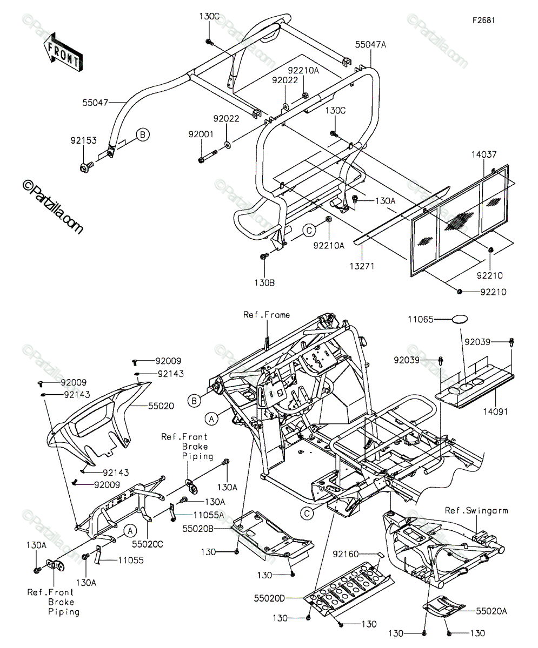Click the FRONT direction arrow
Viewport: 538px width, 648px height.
point(63,52)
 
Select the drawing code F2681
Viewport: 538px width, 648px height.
point(483,21)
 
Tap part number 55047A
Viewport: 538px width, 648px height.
point(370,45)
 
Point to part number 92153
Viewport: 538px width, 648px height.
point(84,140)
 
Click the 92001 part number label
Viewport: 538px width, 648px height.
point(201,134)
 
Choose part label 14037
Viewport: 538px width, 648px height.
point(484,154)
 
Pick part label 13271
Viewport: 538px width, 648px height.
point(362,266)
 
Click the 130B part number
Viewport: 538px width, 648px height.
point(264,283)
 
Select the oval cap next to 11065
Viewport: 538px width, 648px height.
point(460,319)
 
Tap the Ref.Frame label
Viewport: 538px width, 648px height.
point(267,315)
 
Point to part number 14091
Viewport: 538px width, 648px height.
point(495,412)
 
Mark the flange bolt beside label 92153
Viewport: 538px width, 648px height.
point(87,167)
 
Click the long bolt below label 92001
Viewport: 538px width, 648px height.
point(207,157)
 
